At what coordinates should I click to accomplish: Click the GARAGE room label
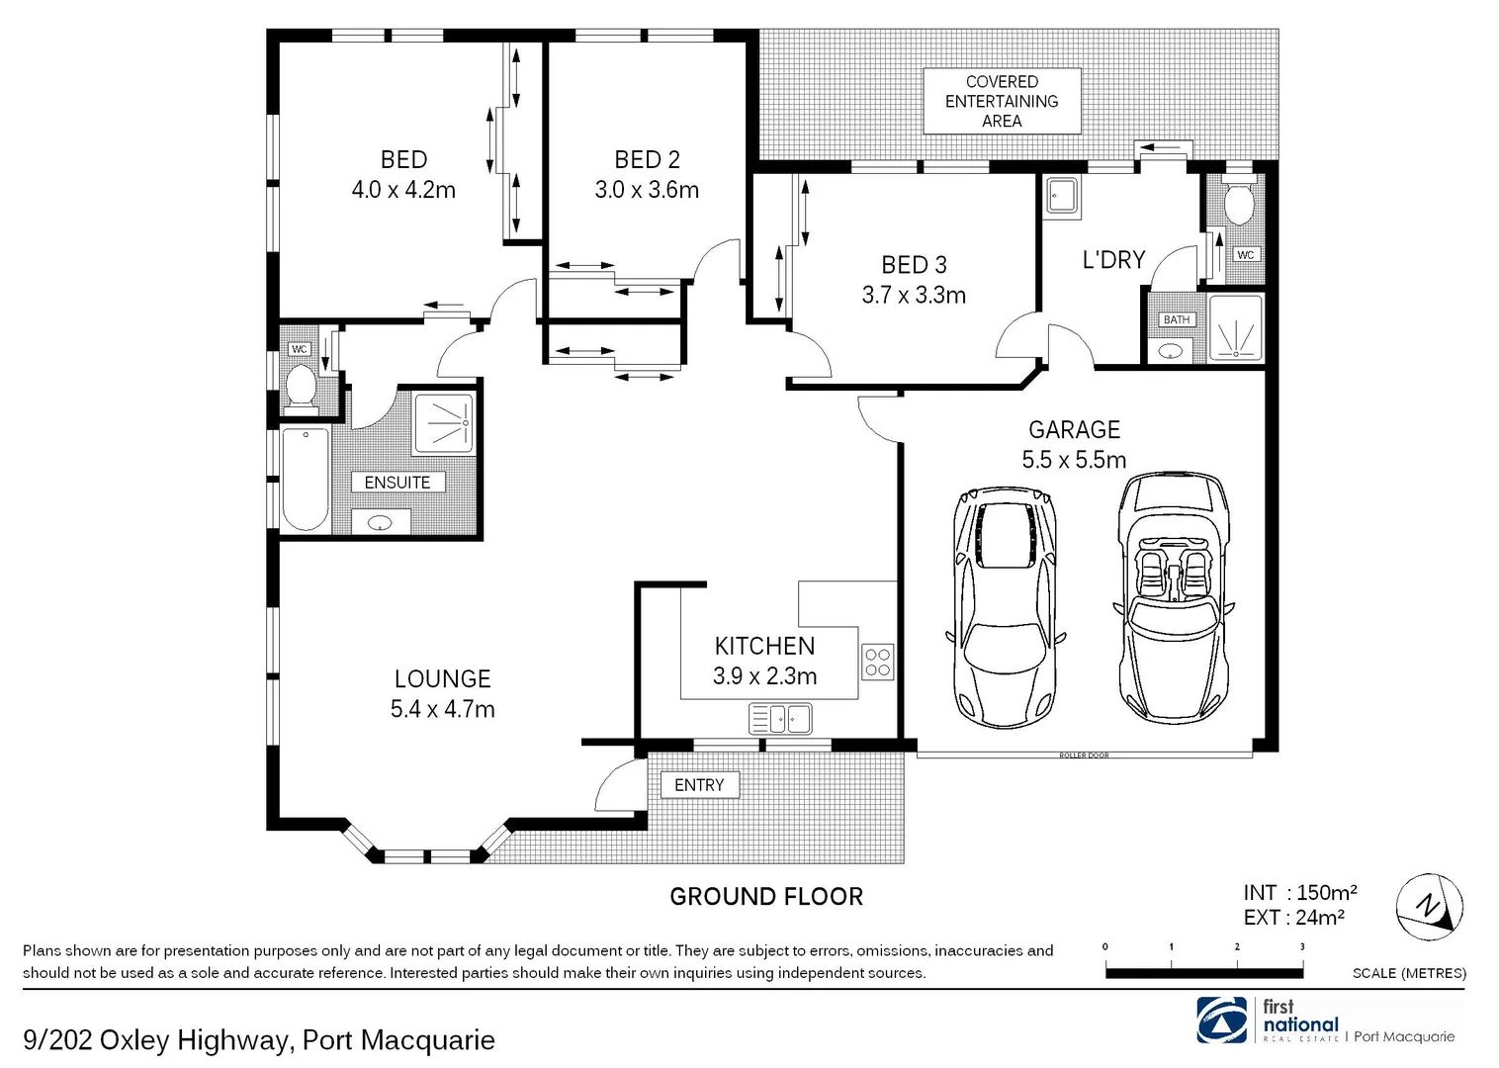point(1074,430)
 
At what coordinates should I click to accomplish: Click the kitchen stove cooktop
point(877,662)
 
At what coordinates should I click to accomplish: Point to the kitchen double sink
point(780,718)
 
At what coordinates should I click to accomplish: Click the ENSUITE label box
point(397,483)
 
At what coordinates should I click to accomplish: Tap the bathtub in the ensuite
point(305,480)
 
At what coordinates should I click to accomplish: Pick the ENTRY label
point(699,785)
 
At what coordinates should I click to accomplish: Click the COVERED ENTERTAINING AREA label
point(1002,101)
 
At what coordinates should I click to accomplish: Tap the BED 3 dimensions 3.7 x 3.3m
point(914,296)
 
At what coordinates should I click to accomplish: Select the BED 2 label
point(647,159)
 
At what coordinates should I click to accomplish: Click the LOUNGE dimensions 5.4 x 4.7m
point(442,709)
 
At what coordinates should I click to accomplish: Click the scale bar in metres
point(1203,972)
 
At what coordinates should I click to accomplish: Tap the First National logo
point(1222,1021)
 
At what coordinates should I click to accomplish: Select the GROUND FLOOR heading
point(766,897)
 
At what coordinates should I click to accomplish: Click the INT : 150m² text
point(1299,893)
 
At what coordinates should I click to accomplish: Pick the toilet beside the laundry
point(1238,206)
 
